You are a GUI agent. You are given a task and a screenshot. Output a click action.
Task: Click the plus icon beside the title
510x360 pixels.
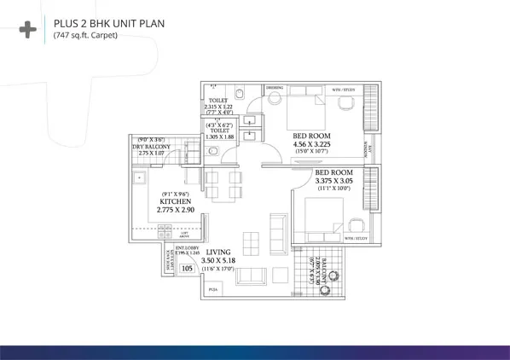click(x=27, y=30)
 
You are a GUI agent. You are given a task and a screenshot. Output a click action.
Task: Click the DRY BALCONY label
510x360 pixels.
click(x=152, y=147)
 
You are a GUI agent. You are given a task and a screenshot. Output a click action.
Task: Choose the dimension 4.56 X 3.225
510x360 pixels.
click(x=311, y=145)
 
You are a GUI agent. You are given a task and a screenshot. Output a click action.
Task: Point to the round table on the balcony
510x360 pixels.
click(x=324, y=289)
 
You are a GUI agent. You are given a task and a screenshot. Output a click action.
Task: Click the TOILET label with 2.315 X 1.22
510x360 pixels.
click(x=217, y=104)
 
